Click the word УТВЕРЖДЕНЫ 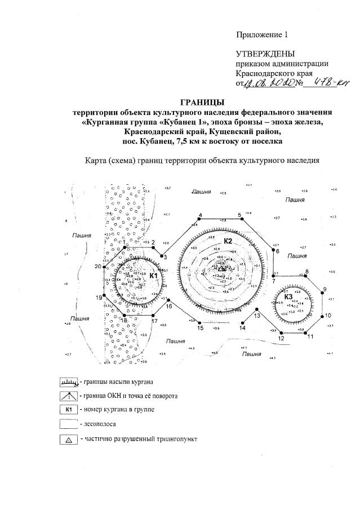pyautogui.click(x=265, y=54)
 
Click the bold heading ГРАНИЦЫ pyautogui.click(x=202, y=102)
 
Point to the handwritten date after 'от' pyautogui.click(x=272, y=85)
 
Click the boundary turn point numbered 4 pyautogui.click(x=200, y=215)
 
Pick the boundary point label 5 pyautogui.click(x=239, y=215)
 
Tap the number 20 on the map pyautogui.click(x=98, y=267)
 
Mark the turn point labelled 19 pyautogui.click(x=98, y=297)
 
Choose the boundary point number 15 pyautogui.click(x=199, y=327)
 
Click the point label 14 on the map pyautogui.click(x=243, y=327)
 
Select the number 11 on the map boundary pyautogui.click(x=310, y=336)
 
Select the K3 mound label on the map pyautogui.click(x=288, y=296)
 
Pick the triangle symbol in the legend pyautogui.click(x=68, y=438)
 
